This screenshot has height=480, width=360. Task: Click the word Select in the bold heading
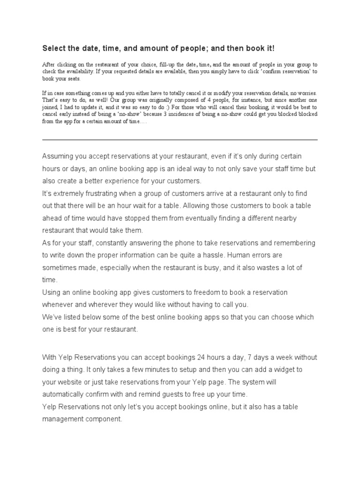click(x=52, y=48)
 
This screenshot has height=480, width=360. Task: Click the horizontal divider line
click(x=180, y=140)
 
